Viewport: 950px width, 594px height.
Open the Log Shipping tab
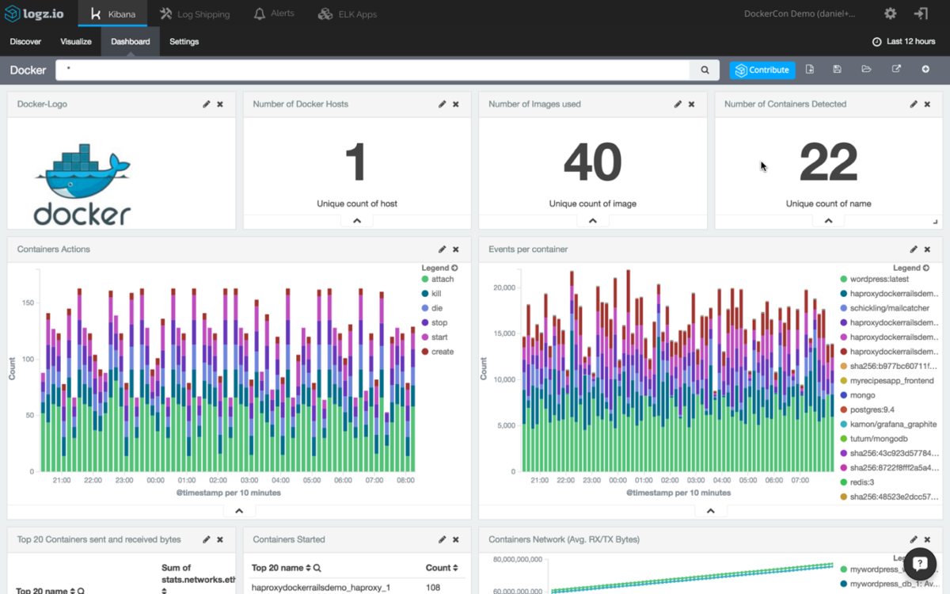coord(195,14)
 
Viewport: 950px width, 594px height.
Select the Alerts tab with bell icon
coord(274,14)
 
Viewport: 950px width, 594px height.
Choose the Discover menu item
coord(25,41)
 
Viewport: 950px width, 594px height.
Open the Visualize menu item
coord(76,41)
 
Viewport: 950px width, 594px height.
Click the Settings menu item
coord(184,41)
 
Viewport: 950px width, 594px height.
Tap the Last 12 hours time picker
coord(904,41)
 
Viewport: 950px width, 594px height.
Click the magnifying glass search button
coord(705,70)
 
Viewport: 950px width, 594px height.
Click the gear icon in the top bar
coord(891,14)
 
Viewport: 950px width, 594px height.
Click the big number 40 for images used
coord(592,162)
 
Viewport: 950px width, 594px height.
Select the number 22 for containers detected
coord(828,162)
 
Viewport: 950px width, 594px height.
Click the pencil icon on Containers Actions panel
coord(443,249)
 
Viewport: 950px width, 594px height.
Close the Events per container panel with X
coord(927,249)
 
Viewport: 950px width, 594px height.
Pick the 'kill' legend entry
coord(436,294)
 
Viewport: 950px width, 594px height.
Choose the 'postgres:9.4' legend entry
coord(872,409)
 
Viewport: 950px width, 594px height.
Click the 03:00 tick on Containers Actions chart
coord(249,480)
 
